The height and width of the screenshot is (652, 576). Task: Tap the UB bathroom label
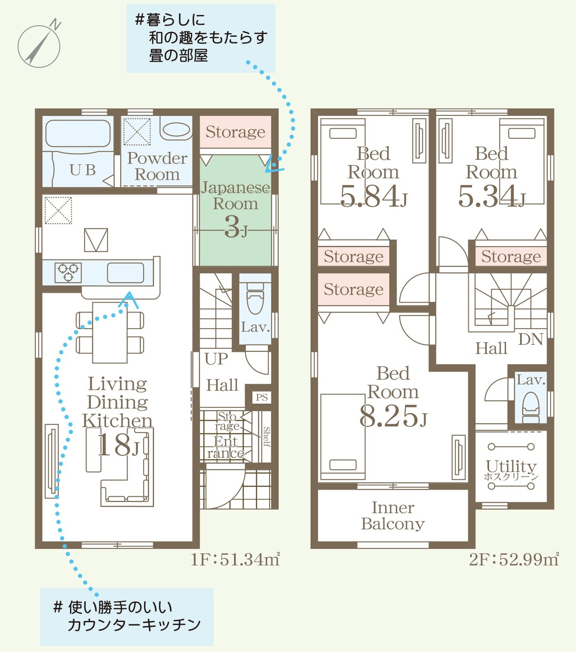82,170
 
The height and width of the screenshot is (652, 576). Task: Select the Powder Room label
157,166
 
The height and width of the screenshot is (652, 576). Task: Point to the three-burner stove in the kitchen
68,272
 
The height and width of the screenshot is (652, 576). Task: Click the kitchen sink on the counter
125,273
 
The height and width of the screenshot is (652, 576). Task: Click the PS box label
262,397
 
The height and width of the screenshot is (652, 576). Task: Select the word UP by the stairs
216,358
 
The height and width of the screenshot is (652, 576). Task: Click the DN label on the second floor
530,339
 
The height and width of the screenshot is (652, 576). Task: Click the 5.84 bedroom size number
373,196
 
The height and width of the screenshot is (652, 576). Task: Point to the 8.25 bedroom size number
393,416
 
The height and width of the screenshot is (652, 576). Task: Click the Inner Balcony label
393,515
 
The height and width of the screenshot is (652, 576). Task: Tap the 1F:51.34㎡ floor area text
235,559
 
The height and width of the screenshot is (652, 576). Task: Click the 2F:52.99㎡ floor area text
514,559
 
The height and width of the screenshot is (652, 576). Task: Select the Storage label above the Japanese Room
235,132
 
